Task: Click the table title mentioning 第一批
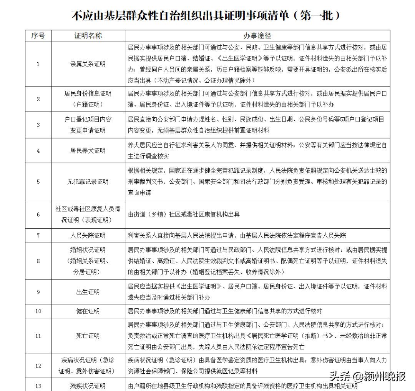point(206,16)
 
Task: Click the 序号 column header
point(38,36)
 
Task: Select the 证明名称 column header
point(88,36)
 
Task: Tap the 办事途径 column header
point(257,36)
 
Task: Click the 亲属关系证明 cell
point(88,64)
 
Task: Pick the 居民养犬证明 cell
point(88,151)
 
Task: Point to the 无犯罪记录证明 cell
point(88,181)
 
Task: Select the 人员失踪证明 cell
point(88,235)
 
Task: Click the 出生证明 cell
point(88,292)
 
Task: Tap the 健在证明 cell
point(88,311)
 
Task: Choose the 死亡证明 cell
point(88,336)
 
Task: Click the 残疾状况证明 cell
point(88,386)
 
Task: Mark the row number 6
point(38,214)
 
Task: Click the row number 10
point(38,311)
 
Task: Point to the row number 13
point(38,386)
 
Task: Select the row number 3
point(38,125)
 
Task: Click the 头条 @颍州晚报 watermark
point(367,376)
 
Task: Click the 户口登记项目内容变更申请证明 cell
point(88,125)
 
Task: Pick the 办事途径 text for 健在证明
point(225,311)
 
